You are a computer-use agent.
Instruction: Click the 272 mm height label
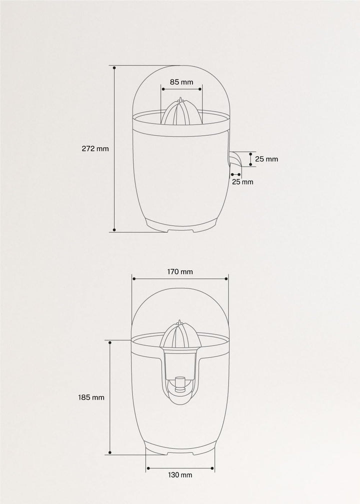[95, 149]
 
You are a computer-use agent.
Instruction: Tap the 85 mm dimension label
[181, 82]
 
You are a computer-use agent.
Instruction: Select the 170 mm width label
[180, 271]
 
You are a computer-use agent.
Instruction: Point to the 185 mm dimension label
[91, 397]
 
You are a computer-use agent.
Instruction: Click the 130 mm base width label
[180, 475]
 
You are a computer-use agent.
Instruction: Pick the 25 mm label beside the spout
[266, 159]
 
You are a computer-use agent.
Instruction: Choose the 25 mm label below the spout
[242, 182]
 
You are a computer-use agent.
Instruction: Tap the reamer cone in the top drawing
[181, 111]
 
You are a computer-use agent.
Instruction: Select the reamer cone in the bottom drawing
[180, 334]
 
